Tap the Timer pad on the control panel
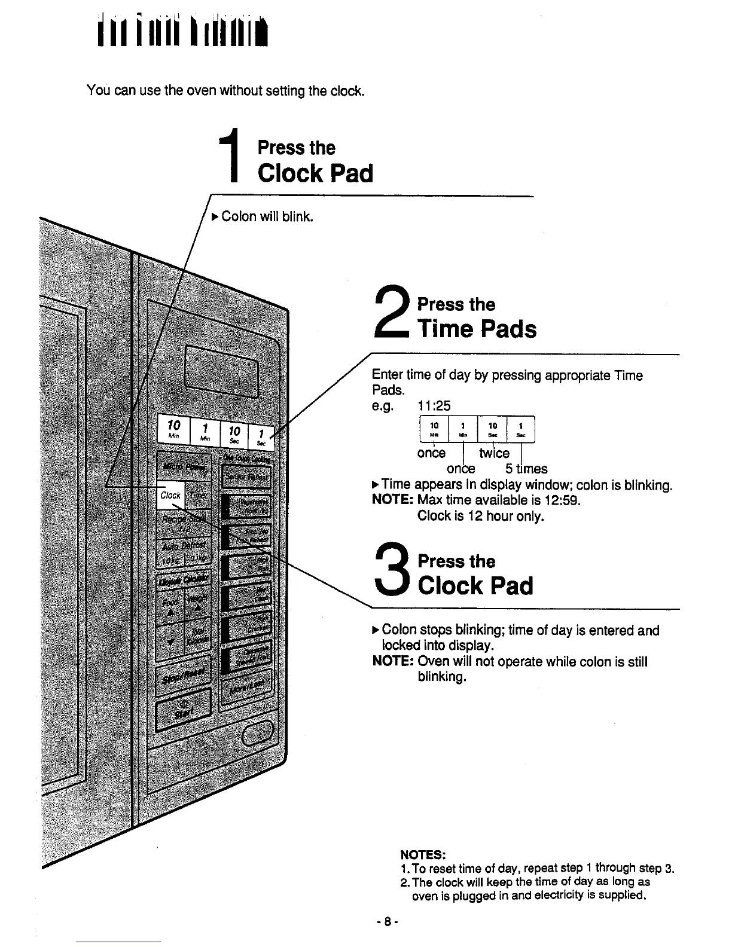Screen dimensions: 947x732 point(198,496)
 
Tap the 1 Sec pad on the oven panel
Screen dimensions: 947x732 point(262,438)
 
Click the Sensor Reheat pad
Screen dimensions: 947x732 point(246,477)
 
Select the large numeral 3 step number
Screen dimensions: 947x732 point(392,571)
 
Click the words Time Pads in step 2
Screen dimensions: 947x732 point(477,329)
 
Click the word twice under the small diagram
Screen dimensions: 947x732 point(494,453)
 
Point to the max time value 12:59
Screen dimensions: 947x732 point(562,500)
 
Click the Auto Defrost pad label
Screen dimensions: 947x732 point(182,546)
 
